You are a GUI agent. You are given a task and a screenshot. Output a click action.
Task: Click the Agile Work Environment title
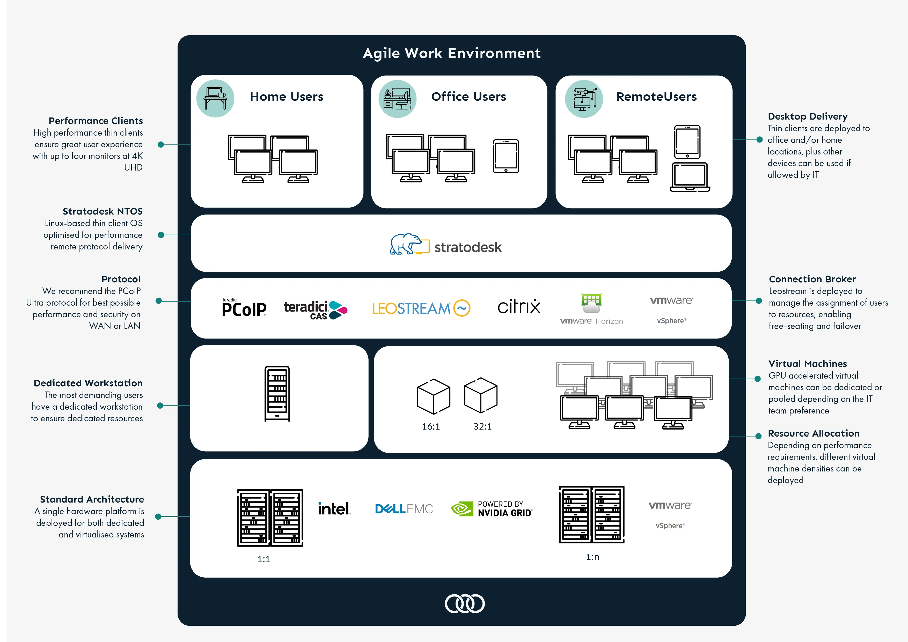452,53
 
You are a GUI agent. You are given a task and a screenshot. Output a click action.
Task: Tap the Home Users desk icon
215,98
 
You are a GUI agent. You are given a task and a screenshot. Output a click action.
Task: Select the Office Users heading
469,97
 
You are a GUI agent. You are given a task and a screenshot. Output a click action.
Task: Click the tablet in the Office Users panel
506,156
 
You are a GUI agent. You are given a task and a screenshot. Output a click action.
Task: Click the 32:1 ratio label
482,426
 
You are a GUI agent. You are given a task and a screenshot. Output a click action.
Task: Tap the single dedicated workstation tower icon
277,394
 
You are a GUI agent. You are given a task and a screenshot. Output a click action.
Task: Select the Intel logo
334,509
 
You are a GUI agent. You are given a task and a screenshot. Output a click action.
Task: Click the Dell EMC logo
404,509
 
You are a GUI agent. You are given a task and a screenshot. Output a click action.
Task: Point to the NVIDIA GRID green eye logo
462,509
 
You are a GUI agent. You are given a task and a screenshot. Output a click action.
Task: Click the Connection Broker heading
812,279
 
